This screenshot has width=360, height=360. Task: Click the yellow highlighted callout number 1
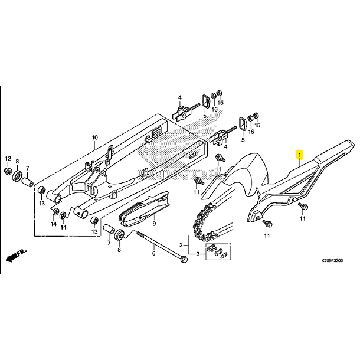[299, 155]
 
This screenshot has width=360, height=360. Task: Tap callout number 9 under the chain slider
[153, 224]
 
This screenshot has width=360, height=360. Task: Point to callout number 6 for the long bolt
[153, 253]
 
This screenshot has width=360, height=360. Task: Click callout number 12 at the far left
[8, 159]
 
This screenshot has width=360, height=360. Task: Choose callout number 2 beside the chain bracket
[181, 244]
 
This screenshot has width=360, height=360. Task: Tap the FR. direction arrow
[17, 256]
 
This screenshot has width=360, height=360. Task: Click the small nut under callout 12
[7, 171]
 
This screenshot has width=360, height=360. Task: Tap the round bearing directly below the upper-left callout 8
[18, 175]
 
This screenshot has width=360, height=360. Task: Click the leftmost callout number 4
[180, 97]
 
